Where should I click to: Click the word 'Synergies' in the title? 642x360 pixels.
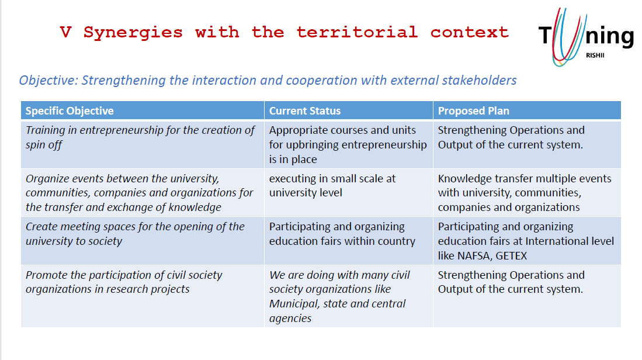(133, 33)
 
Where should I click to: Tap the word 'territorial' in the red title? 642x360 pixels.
(357, 32)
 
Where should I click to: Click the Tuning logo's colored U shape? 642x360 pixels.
(567, 37)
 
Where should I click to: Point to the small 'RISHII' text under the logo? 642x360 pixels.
(595, 56)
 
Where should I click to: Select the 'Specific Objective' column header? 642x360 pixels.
(70, 110)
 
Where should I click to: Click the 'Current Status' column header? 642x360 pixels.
(304, 110)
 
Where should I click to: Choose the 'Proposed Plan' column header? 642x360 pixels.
(473, 110)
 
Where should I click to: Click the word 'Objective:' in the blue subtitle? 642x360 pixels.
(48, 80)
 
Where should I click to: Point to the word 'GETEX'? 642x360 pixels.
(511, 255)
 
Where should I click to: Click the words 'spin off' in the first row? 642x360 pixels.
(44, 145)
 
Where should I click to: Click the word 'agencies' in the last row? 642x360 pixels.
(290, 319)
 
